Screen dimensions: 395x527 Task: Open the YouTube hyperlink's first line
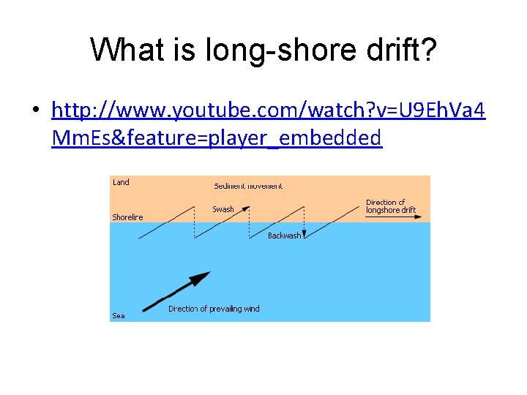(x=268, y=110)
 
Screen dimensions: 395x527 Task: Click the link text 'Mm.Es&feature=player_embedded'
(x=217, y=137)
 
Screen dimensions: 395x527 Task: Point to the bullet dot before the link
(x=35, y=111)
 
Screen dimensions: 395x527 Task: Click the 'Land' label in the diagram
(x=121, y=183)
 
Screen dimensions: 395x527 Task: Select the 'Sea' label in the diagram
(x=119, y=316)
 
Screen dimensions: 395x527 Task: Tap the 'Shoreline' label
(x=127, y=217)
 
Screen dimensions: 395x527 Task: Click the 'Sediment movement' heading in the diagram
(x=247, y=186)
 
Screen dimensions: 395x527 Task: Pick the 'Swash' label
(x=223, y=209)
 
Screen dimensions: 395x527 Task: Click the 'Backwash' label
(x=284, y=236)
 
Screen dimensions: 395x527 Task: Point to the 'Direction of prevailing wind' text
(x=214, y=309)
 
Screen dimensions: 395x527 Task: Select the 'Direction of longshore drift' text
(x=390, y=206)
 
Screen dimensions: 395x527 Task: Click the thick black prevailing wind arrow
(x=176, y=290)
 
